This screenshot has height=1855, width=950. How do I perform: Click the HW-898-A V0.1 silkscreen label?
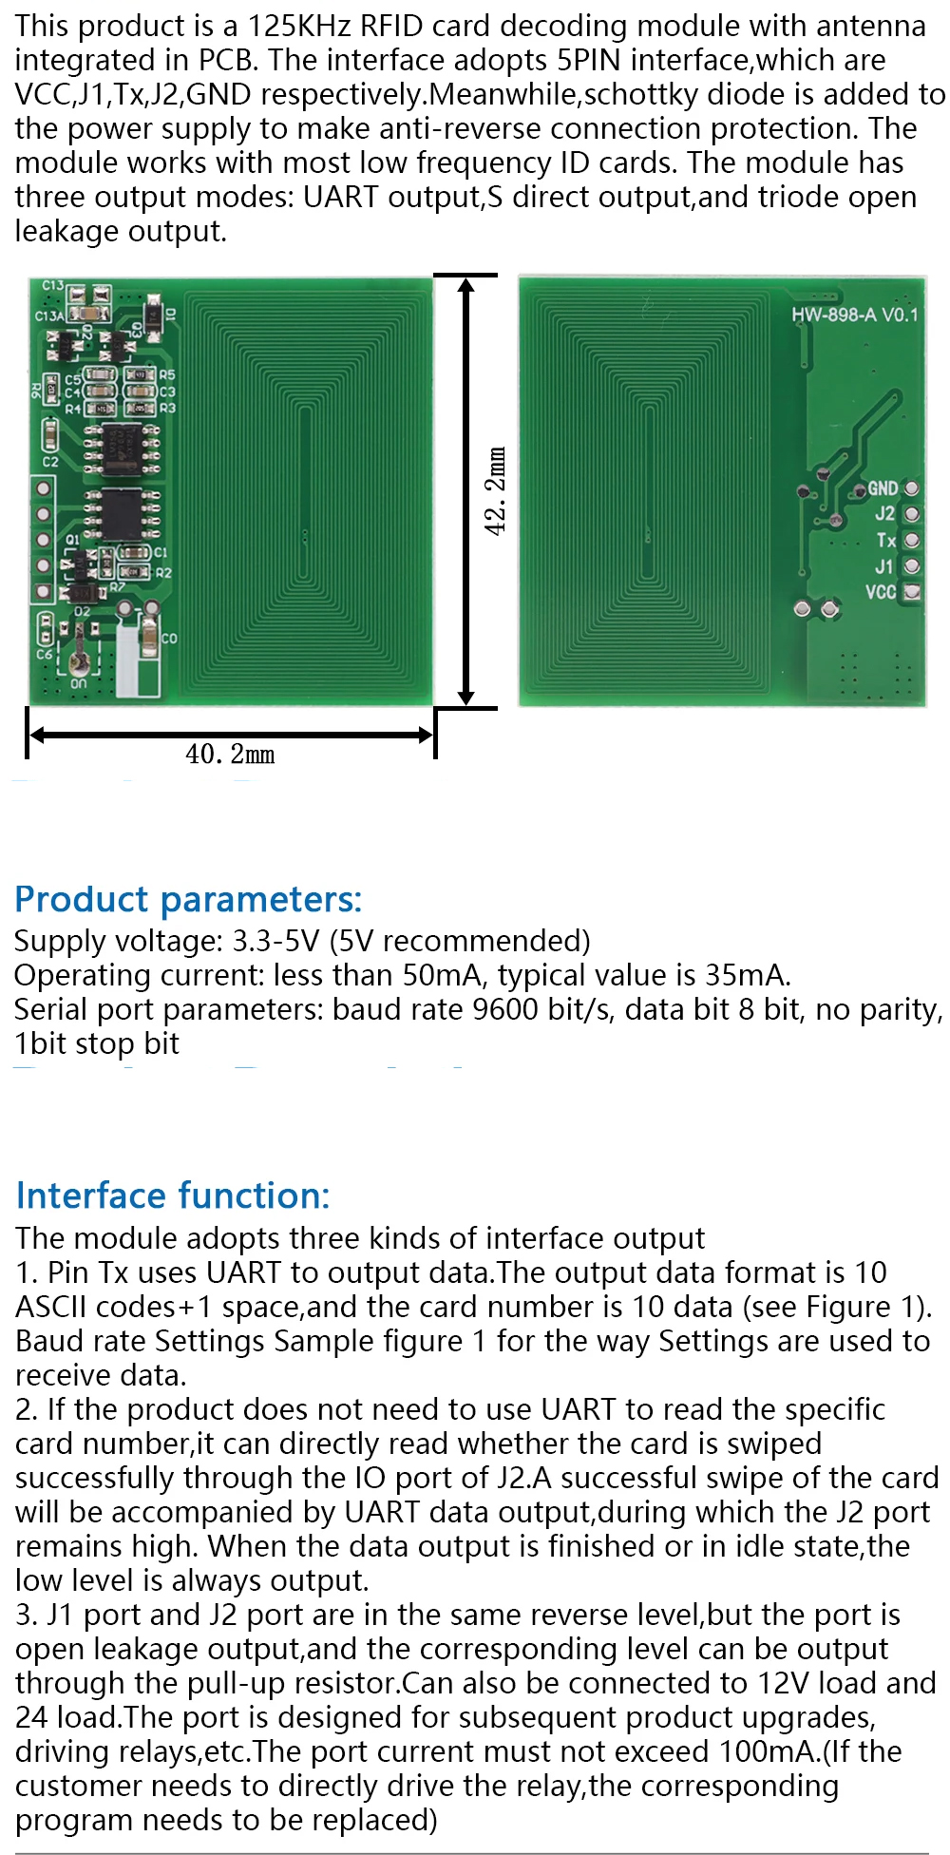click(855, 315)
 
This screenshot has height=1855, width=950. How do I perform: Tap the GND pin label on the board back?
click(883, 488)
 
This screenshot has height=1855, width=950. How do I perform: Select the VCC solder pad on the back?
click(912, 592)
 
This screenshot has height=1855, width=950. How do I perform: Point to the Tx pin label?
click(885, 540)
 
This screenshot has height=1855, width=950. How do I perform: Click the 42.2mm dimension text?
click(495, 490)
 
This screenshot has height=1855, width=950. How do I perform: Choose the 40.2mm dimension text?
click(230, 755)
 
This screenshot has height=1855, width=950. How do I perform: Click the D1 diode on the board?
click(152, 314)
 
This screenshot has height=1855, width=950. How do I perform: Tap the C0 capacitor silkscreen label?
click(169, 639)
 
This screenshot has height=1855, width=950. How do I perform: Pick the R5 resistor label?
click(167, 375)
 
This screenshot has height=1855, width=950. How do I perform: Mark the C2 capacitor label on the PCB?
click(49, 462)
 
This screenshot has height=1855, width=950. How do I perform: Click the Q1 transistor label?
click(72, 540)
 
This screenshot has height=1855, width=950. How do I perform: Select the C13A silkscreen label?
click(49, 316)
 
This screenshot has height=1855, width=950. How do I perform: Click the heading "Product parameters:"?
click(188, 899)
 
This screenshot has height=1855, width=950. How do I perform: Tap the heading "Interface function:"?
click(173, 1195)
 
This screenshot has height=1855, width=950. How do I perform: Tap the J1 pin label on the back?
click(883, 566)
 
